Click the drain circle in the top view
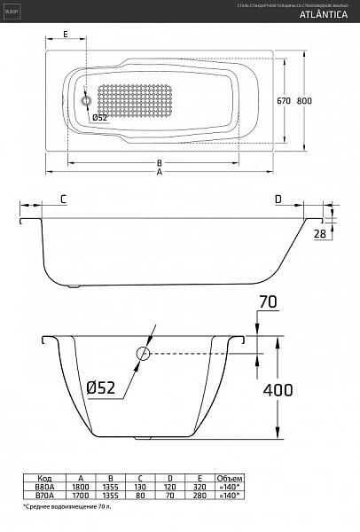(86, 101)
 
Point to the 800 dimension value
(305, 101)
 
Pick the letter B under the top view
(159, 162)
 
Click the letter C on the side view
(64, 199)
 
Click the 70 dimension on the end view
(267, 303)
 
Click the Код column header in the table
(43, 475)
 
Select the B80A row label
(43, 485)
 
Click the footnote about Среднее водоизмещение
(72, 512)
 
